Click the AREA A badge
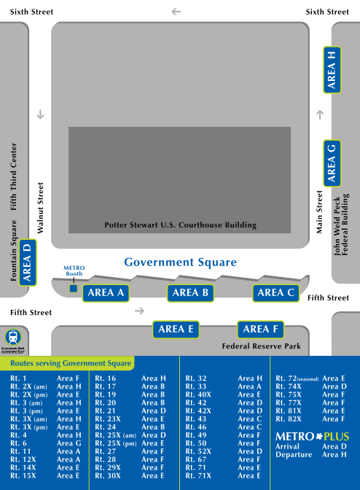pyautogui.click(x=106, y=293)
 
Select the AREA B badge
pyautogui.click(x=192, y=293)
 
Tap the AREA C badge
pyautogui.click(x=276, y=293)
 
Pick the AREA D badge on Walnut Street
pyautogui.click(x=27, y=262)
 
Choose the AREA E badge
pyautogui.click(x=176, y=329)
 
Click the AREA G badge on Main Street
pyautogui.click(x=332, y=163)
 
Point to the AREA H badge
pyautogui.click(x=332, y=69)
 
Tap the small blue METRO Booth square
pyautogui.click(x=73, y=289)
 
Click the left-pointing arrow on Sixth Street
pyautogui.click(x=176, y=12)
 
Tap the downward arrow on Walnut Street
pyautogui.click(x=40, y=114)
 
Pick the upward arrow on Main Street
pyautogui.click(x=320, y=114)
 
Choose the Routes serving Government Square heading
pyautogui.click(x=71, y=363)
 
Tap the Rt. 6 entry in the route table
pyautogui.click(x=19, y=443)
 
